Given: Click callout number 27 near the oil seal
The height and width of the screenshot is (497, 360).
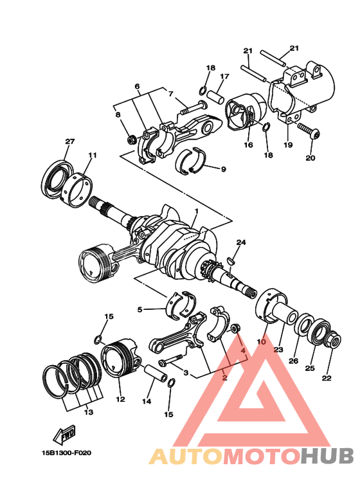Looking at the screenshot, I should pyautogui.click(x=70, y=141).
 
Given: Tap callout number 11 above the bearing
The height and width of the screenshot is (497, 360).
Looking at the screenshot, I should pyautogui.click(x=93, y=155).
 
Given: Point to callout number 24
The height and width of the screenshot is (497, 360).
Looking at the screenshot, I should pyautogui.click(x=241, y=242).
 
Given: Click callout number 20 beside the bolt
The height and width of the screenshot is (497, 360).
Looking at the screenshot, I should pyautogui.click(x=310, y=158).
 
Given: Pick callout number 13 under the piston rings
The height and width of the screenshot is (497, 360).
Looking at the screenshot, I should pyautogui.click(x=88, y=412).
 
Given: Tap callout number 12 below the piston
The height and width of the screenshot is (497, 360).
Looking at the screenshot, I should pyautogui.click(x=120, y=399).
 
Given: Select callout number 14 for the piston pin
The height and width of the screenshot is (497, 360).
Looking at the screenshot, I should pyautogui.click(x=147, y=401).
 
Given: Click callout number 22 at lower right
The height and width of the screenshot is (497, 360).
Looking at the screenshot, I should pyautogui.click(x=327, y=377).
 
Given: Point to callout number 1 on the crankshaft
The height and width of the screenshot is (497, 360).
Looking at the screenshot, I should pyautogui.click(x=197, y=211).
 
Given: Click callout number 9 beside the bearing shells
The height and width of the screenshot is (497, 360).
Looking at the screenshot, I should pyautogui.click(x=224, y=169).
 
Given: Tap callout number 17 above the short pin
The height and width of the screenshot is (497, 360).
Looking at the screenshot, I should pyautogui.click(x=224, y=77).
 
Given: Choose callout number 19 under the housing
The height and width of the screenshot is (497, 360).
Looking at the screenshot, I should pyautogui.click(x=288, y=145).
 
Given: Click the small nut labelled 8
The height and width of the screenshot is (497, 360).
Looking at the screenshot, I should pyautogui.click(x=131, y=138).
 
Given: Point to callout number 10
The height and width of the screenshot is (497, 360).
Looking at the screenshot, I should pyautogui.click(x=262, y=343).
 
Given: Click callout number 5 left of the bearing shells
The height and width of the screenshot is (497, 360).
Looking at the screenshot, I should pyautogui.click(x=139, y=309).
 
